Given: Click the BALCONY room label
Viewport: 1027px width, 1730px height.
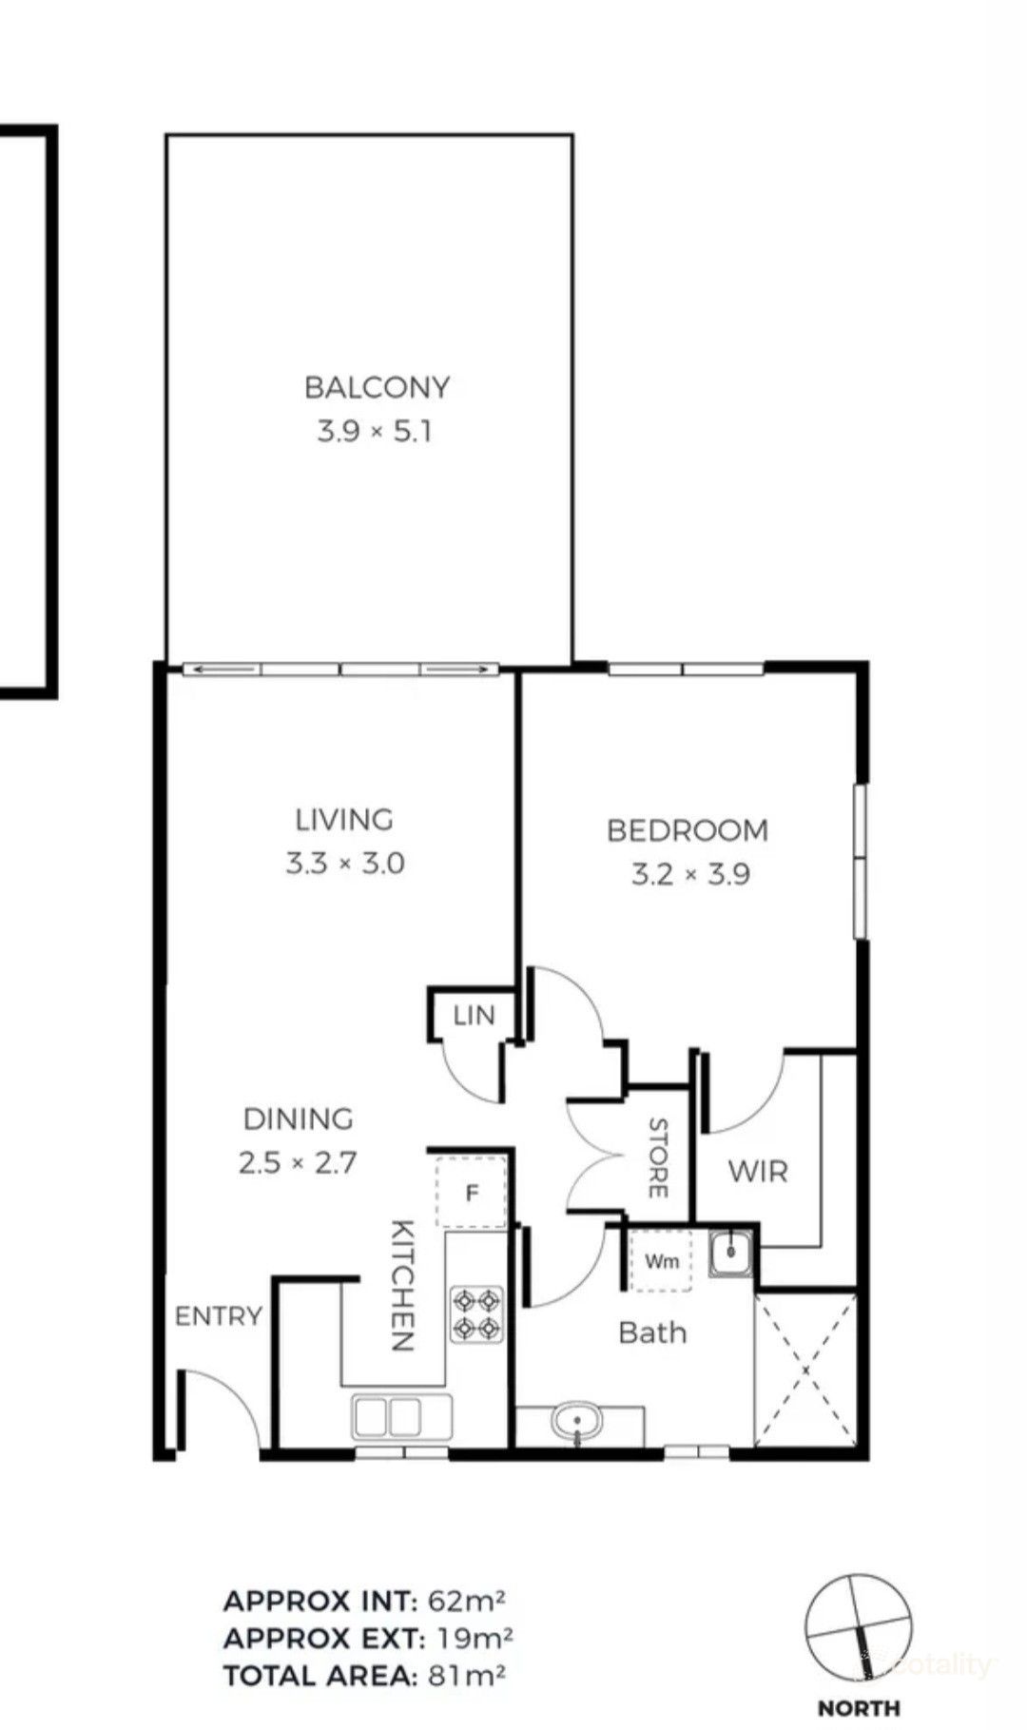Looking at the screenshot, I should point(377,387).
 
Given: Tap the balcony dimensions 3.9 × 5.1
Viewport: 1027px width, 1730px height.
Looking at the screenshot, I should point(375,432).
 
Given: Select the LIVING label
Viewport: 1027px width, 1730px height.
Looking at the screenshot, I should point(343,819).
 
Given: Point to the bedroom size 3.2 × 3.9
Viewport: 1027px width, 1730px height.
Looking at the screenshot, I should point(690,874).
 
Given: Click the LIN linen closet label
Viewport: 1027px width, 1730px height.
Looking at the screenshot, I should point(474,1016).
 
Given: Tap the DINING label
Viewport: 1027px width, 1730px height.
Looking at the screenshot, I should point(298,1118).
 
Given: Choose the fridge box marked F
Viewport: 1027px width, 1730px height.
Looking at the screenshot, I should point(471,1193).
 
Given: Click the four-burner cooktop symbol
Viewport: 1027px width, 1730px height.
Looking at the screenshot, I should point(475,1314).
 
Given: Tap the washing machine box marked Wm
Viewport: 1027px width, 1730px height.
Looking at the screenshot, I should point(662,1261).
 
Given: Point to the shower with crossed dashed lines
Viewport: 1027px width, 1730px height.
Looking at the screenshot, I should point(804,1370).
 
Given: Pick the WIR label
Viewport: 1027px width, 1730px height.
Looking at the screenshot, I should point(758,1171).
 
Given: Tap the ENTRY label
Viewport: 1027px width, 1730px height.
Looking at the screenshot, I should point(218,1316).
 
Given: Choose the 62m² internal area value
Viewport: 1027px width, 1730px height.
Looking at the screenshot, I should point(466,1601).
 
